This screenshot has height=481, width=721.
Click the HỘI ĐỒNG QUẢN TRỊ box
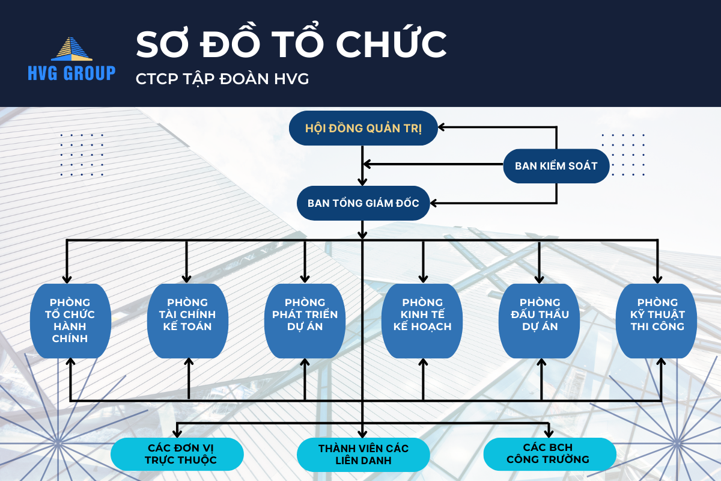coord(364,127)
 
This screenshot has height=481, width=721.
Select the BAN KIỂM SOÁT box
coord(556,165)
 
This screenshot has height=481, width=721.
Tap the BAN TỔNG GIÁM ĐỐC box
coord(363,203)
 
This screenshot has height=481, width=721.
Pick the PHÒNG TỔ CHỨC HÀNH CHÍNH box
coord(70,320)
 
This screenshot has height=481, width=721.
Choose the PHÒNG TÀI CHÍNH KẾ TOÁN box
coord(187,320)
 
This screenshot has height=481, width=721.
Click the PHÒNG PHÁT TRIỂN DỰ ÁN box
coord(305,320)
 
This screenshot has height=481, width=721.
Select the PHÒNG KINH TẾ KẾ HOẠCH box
coord(422,320)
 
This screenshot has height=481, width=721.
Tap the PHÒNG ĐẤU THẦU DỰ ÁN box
coord(540,320)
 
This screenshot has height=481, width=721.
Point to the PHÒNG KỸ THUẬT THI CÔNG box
coord(657,320)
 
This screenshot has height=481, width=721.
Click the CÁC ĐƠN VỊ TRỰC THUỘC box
coord(177,454)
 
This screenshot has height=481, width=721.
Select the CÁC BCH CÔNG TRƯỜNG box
coord(549,454)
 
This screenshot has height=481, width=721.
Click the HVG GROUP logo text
coord(71,73)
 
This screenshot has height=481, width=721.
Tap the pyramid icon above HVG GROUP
coord(71,49)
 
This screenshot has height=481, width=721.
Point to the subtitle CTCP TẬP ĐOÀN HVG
coord(222,79)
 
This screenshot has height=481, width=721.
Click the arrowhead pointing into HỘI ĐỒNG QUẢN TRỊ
coord(442,127)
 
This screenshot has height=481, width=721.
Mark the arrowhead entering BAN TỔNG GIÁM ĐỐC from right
coord(439,203)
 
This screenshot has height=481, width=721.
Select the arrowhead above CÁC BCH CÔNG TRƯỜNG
coord(549,433)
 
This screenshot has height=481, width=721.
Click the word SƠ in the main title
coord(159,44)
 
